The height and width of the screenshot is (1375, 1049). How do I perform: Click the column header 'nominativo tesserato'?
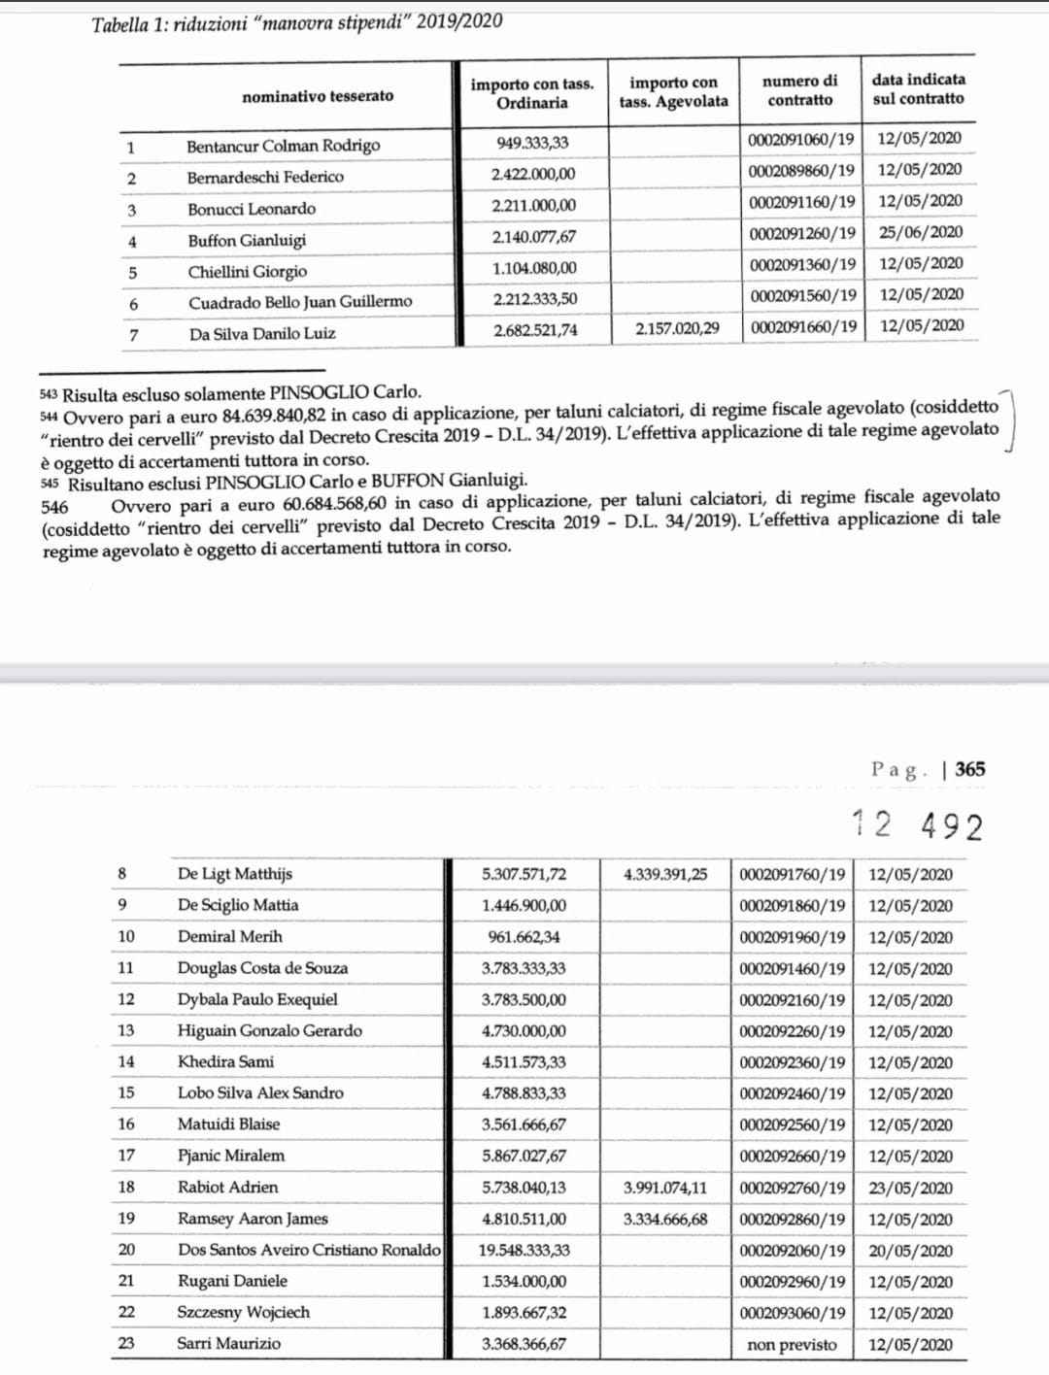pyautogui.click(x=318, y=96)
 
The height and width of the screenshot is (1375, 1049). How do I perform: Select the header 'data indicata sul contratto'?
pyautogui.click(x=918, y=89)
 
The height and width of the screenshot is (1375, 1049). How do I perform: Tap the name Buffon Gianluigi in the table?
pyautogui.click(x=247, y=241)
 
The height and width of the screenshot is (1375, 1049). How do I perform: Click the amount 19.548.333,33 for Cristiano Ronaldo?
pyautogui.click(x=524, y=1250)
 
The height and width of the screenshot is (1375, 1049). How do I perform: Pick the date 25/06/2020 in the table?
pyautogui.click(x=921, y=232)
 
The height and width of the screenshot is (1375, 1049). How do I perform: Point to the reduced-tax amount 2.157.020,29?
pyautogui.click(x=677, y=328)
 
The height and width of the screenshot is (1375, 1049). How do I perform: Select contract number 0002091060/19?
pyautogui.click(x=801, y=139)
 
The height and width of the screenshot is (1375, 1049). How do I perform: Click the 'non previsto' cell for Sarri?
pyautogui.click(x=792, y=1345)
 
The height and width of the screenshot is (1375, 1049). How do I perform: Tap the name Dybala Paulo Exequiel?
pyautogui.click(x=257, y=999)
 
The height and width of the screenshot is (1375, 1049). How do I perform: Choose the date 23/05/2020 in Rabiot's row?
pyautogui.click(x=910, y=1188)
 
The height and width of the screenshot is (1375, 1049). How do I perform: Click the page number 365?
pyautogui.click(x=969, y=769)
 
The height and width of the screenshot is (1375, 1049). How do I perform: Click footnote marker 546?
pyautogui.click(x=55, y=507)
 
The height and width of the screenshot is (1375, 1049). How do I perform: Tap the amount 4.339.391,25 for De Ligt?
pyautogui.click(x=665, y=874)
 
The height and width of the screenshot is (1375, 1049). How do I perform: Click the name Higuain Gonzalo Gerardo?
pyautogui.click(x=269, y=1030)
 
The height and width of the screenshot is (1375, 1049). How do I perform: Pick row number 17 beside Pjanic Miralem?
pyautogui.click(x=126, y=1156)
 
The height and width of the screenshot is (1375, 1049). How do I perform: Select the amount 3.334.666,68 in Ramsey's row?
pyautogui.click(x=665, y=1219)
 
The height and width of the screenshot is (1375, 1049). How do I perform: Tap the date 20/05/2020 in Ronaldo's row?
pyautogui.click(x=910, y=1251)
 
